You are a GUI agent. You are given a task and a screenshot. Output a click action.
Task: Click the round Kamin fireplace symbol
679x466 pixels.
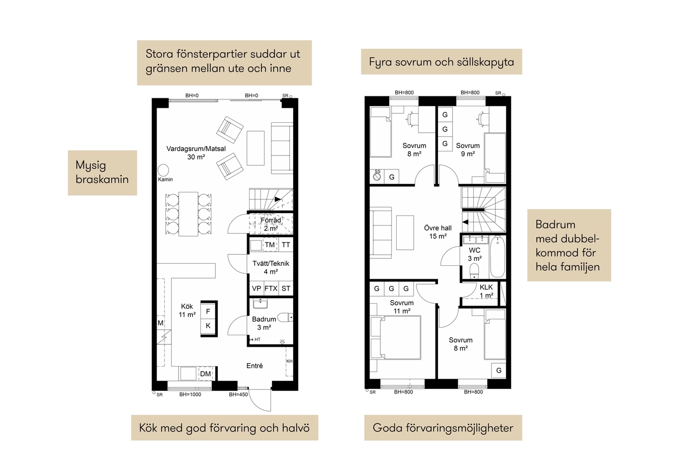point(164,170)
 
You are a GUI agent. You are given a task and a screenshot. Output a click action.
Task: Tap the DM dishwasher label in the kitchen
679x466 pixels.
point(205,374)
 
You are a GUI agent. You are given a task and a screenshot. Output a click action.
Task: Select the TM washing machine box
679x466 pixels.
point(270,245)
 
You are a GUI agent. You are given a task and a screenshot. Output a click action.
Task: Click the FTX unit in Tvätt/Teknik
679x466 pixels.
point(271,289)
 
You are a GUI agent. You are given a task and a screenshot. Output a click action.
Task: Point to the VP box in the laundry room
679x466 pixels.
point(256,289)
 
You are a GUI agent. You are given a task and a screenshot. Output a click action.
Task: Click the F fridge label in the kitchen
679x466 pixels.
point(208,311)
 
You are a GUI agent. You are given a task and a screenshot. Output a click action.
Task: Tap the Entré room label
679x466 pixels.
point(255,366)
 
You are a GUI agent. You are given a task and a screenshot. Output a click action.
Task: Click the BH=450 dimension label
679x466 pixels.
point(238,394)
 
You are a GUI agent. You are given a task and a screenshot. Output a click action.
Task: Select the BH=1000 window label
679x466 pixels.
point(190,394)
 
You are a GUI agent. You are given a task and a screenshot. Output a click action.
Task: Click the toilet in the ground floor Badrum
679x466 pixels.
point(285,317)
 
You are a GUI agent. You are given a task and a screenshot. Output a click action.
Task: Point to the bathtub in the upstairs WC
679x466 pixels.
point(498,257)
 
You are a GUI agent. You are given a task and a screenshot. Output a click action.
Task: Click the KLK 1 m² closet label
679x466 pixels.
point(486,291)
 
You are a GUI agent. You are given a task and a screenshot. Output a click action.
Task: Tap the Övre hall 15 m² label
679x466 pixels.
point(438,232)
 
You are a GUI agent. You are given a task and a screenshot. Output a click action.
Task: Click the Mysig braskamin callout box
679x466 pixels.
point(102,173)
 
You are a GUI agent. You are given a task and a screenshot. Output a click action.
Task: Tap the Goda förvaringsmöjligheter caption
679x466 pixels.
point(443,428)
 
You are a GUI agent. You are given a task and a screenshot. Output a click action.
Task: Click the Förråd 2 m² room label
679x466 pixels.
point(271,224)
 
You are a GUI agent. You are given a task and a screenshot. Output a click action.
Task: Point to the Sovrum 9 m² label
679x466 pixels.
point(468,150)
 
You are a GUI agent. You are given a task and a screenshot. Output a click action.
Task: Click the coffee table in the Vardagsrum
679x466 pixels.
point(255,148)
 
